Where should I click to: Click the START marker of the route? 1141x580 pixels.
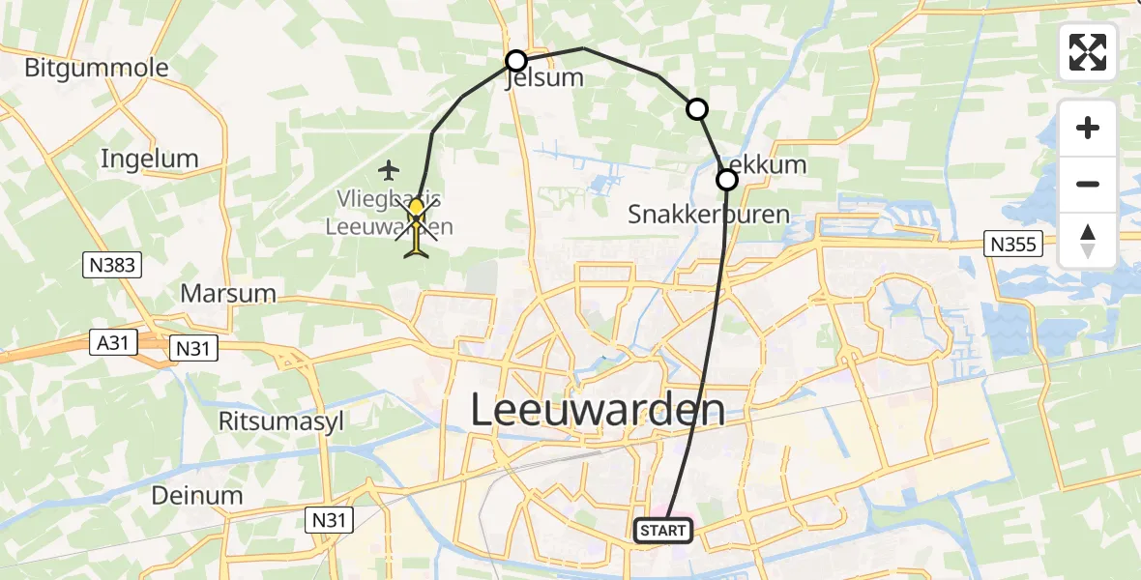point(663,530)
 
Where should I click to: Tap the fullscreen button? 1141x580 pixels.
point(1088,52)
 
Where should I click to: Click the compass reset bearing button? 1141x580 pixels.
point(1088,241)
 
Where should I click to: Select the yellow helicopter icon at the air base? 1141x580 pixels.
point(417,229)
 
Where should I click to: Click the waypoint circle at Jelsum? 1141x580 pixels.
point(516,61)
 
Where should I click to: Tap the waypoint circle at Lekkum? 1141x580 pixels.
point(726,180)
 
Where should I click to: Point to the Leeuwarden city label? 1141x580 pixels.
point(598,410)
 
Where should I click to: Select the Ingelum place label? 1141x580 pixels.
point(149,159)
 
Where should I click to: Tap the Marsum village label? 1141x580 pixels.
point(229,293)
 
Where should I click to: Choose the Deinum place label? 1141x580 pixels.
point(197,495)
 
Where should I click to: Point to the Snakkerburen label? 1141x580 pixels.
point(709,214)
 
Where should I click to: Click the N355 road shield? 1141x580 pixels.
point(1013,244)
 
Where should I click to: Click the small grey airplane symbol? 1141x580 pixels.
point(389,171)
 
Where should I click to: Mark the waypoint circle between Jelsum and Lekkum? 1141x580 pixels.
point(697,109)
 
